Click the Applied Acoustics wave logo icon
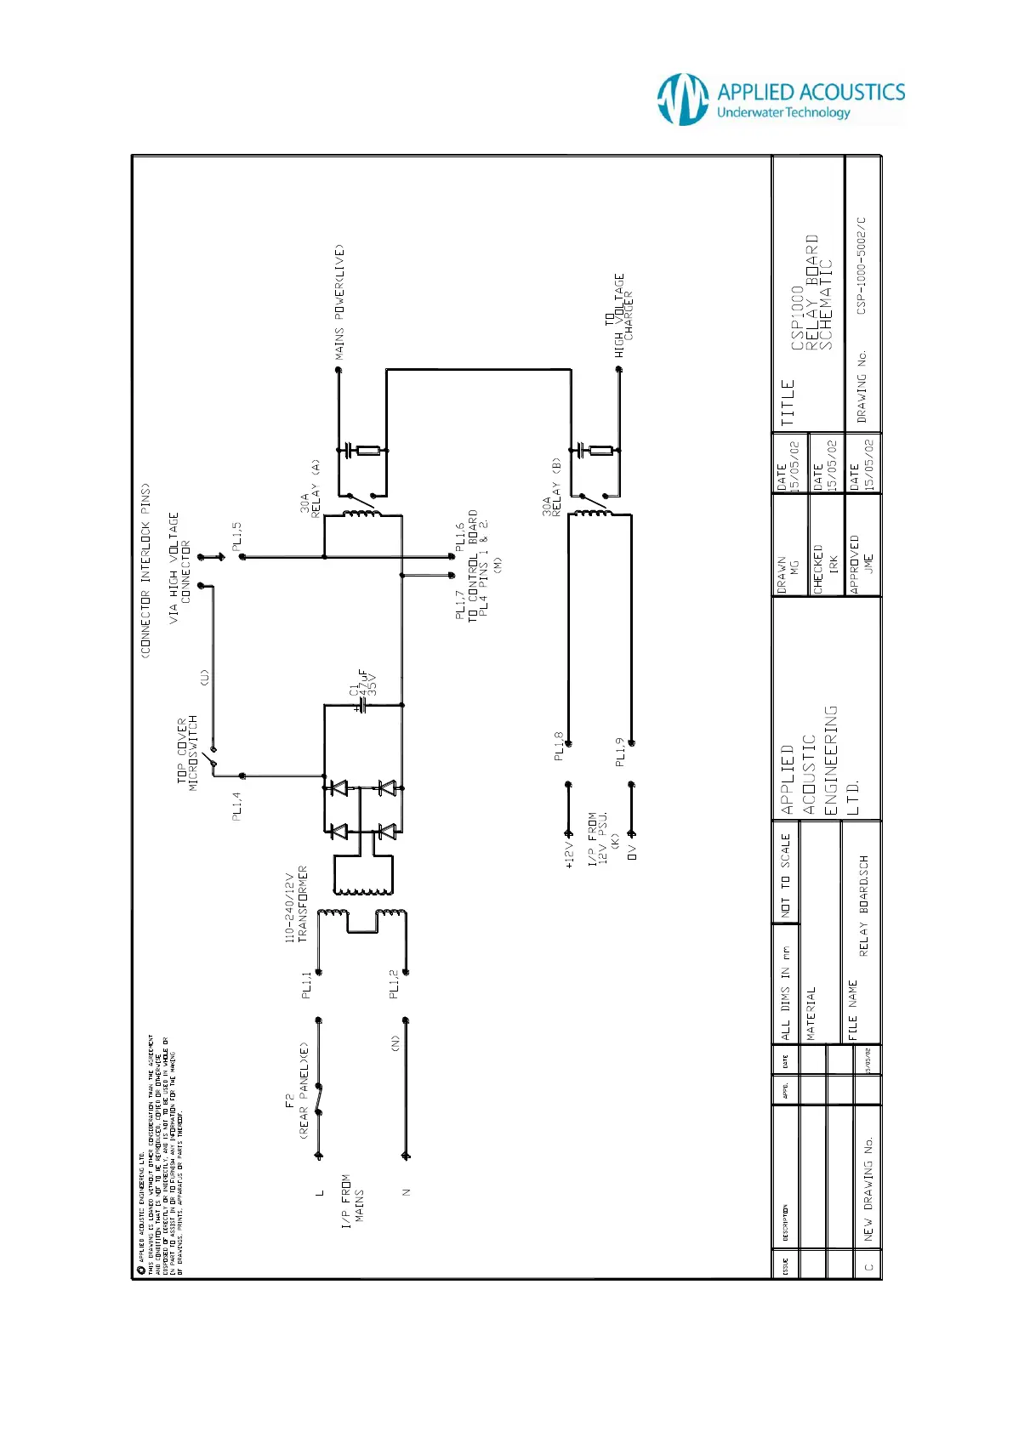[x=682, y=99]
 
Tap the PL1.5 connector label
[x=237, y=534]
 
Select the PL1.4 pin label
[x=237, y=805]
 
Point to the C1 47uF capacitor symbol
[x=363, y=705]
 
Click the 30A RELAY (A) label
[x=310, y=490]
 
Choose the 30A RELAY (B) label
[x=552, y=488]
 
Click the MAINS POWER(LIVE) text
[x=339, y=302]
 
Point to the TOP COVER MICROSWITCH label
[x=187, y=753]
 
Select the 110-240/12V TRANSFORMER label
[x=296, y=904]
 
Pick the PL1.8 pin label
[x=559, y=746]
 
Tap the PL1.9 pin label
[x=620, y=752]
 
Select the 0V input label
[x=632, y=851]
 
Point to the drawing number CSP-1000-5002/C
[x=862, y=265]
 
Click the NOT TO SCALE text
[x=786, y=875]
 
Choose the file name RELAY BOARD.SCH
[x=864, y=906]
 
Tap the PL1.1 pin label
[x=307, y=985]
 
